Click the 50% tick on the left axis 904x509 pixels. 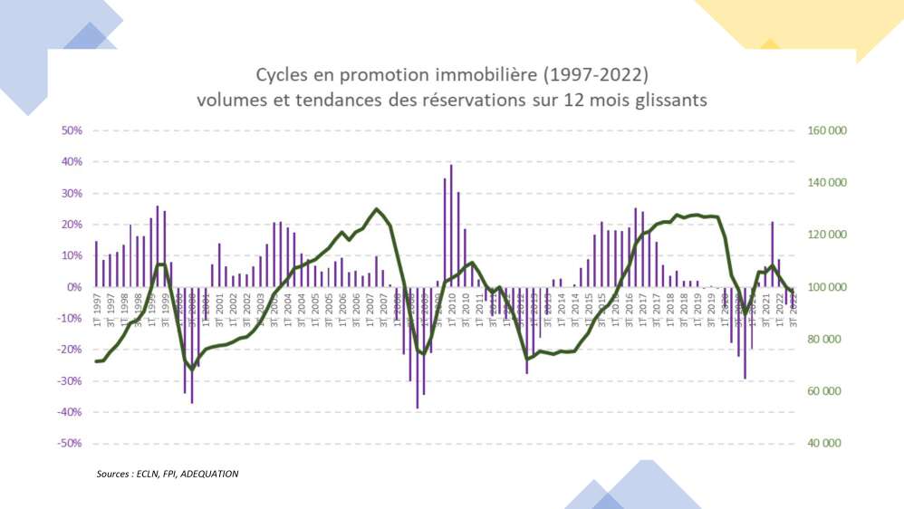[71, 130]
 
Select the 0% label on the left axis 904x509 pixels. [73, 287]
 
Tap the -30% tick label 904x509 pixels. [69, 381]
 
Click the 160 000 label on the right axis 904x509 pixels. [825, 130]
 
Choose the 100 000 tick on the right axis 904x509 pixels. [825, 287]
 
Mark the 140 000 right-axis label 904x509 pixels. [825, 183]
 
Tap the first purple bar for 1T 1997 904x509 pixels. [96, 264]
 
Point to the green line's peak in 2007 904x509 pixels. [377, 209]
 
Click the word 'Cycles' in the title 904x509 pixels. [281, 72]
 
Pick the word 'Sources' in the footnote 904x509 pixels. [115, 474]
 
